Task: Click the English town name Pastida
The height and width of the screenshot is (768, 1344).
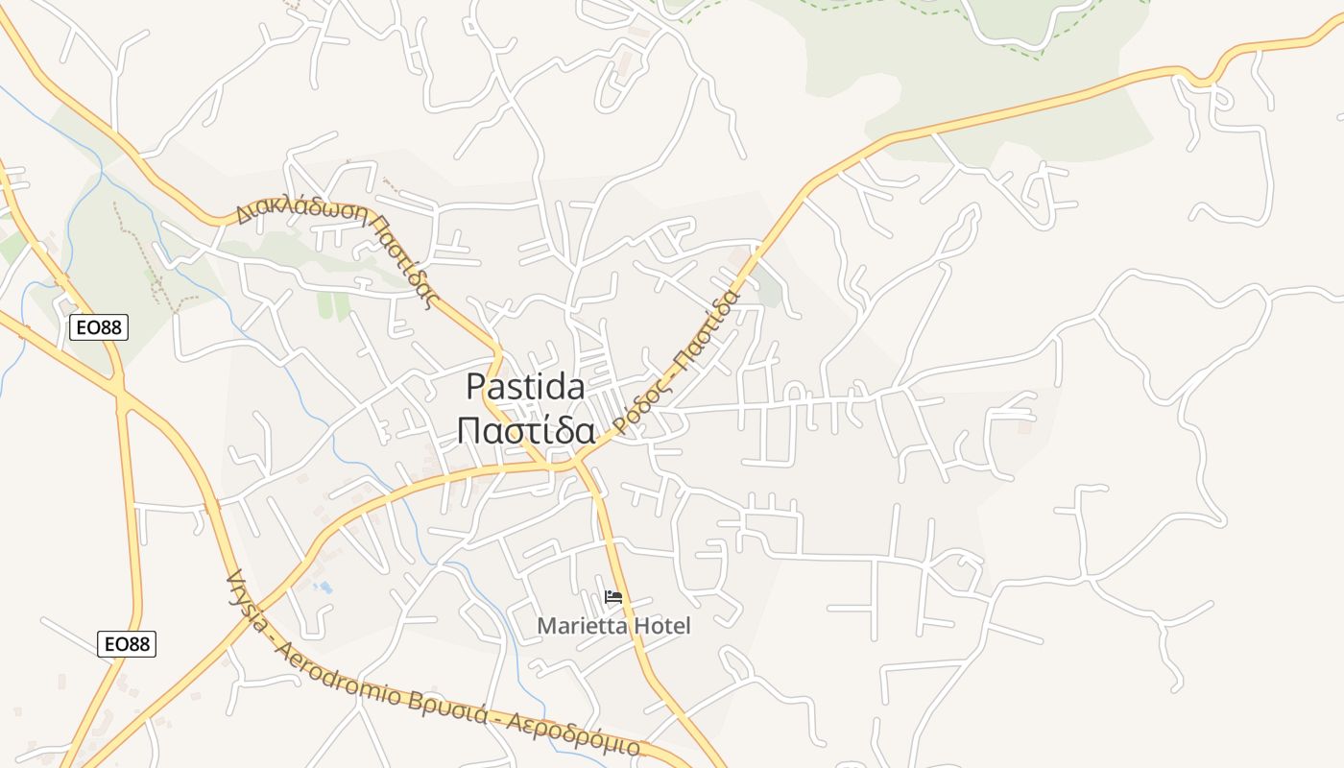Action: coord(525,387)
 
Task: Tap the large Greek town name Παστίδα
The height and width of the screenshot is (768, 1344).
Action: coord(525,431)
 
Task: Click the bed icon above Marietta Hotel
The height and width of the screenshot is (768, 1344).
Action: coord(613,597)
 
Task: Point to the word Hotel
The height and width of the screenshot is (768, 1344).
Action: coord(660,626)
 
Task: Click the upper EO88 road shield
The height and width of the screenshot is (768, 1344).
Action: coord(99,327)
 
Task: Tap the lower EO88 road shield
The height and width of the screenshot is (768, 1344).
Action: coord(126,643)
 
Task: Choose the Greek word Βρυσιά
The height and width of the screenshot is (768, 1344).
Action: coord(461,708)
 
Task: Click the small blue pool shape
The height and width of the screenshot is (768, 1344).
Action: coord(324,587)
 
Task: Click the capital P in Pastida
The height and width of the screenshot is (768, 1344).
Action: coord(475,387)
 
